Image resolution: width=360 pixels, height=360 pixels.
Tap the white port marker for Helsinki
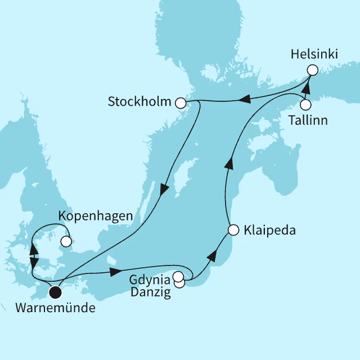pos(312,70)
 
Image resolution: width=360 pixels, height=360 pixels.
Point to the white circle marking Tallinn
pos(305,105)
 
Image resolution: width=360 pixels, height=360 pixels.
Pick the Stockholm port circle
pos(181,103)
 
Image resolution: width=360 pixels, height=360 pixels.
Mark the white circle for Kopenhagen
pos(66,241)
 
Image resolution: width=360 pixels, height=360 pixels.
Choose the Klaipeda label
pos(269,230)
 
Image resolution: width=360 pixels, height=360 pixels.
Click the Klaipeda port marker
pos(233,229)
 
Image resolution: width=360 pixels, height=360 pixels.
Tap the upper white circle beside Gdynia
pos(178,276)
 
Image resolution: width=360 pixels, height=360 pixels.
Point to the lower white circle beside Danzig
pos(179,283)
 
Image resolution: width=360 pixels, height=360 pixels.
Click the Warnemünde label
pos(56,308)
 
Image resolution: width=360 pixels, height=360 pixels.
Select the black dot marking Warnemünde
pos(55,291)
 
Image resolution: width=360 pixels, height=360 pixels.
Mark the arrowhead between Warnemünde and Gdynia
pos(115,272)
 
